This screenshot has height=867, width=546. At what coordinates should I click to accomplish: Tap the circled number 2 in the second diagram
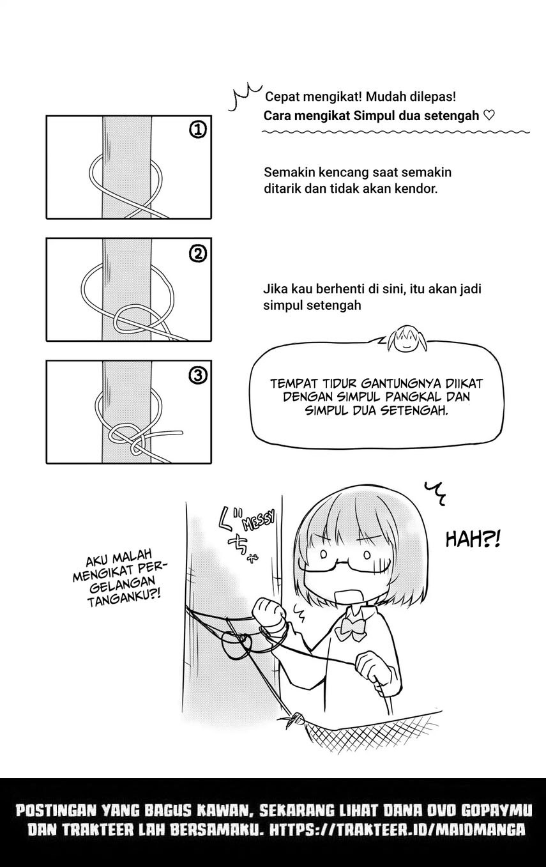click(x=198, y=254)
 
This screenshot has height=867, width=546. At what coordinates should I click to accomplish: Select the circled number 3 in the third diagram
click(x=198, y=375)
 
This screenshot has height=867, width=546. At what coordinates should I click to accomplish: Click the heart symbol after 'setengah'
click(x=489, y=116)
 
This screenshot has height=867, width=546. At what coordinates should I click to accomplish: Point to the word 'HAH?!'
click(x=473, y=539)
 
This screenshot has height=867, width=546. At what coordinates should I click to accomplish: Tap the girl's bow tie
click(x=351, y=628)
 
